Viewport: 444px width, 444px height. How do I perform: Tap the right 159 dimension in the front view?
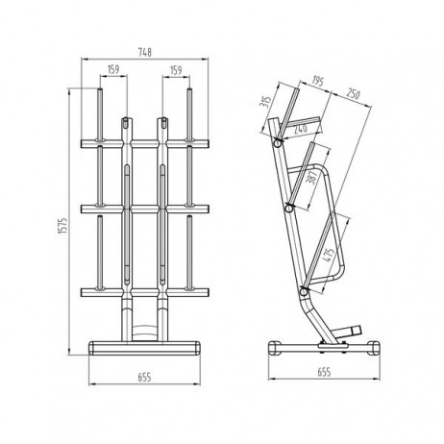176,70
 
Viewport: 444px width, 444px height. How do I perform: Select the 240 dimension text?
299,129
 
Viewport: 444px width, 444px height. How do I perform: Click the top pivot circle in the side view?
279,142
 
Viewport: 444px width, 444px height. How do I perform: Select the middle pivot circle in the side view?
290,206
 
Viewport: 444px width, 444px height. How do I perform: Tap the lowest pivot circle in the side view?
305,291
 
